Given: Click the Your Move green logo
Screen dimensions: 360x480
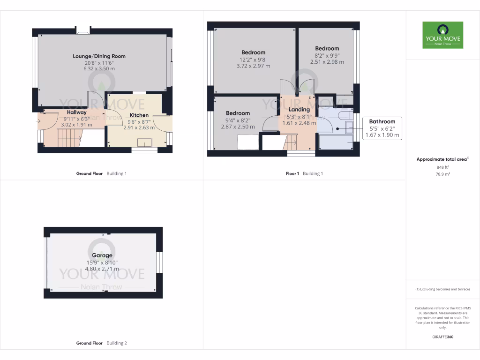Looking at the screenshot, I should coord(442,35).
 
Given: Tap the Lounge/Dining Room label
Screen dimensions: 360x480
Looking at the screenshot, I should coord(99,56).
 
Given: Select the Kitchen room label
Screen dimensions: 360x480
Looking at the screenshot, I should coord(139,115).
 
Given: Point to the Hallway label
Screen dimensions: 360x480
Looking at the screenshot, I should coord(76,112).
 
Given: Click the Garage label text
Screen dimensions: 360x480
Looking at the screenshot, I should coord(102,255).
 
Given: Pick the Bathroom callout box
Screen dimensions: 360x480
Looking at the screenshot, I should coord(382,128).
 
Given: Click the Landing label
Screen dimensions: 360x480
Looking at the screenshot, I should coord(299,110).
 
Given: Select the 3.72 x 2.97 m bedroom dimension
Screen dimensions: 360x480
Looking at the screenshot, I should coord(253,66).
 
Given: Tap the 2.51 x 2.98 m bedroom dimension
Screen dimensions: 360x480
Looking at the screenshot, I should coord(327,62).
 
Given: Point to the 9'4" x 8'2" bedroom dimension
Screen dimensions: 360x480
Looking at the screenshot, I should coord(238,120).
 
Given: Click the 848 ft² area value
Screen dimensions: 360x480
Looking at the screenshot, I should coord(442,167).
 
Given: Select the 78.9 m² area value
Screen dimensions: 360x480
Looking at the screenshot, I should coord(442,174).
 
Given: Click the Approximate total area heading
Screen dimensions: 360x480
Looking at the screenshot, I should coord(442,159).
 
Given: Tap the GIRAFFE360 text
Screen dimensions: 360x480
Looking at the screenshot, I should coord(442,337).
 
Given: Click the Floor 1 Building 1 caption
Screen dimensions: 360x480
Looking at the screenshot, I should coord(304,173).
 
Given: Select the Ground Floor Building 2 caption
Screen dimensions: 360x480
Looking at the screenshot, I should coord(101,343).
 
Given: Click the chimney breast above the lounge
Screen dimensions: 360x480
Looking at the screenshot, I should coord(83,30).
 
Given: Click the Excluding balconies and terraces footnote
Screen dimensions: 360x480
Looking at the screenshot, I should coord(442,289).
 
